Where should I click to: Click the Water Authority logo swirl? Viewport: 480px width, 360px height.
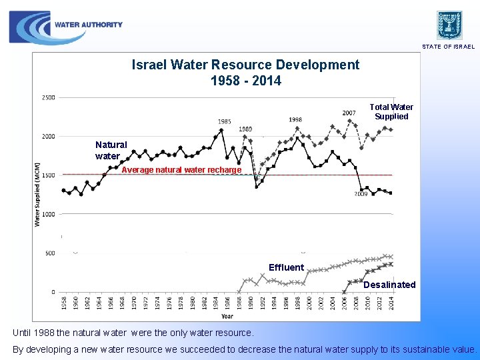click(x=30, y=27)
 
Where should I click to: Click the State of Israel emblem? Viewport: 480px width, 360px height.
click(x=449, y=25)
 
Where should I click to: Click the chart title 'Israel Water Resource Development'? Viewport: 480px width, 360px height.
click(x=245, y=65)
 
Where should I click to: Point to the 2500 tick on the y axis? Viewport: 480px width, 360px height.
click(x=49, y=97)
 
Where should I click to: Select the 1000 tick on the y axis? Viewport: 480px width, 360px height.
click(x=49, y=214)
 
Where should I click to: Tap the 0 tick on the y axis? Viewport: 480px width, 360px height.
click(x=52, y=292)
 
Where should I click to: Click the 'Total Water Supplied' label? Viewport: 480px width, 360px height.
click(x=391, y=111)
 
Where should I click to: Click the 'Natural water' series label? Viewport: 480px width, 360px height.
click(x=111, y=150)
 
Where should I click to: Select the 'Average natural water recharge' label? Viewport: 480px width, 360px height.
click(x=181, y=170)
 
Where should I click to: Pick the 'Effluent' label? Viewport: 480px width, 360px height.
click(x=286, y=267)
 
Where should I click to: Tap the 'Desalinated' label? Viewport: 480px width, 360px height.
click(x=389, y=285)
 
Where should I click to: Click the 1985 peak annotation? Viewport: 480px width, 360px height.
click(x=225, y=121)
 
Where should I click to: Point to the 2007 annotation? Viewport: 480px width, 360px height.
click(x=349, y=113)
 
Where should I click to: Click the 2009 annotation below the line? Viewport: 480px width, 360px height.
click(x=361, y=194)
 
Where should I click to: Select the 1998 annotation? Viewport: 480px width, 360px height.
click(x=295, y=119)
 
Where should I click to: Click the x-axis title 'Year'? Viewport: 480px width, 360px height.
click(x=227, y=316)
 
